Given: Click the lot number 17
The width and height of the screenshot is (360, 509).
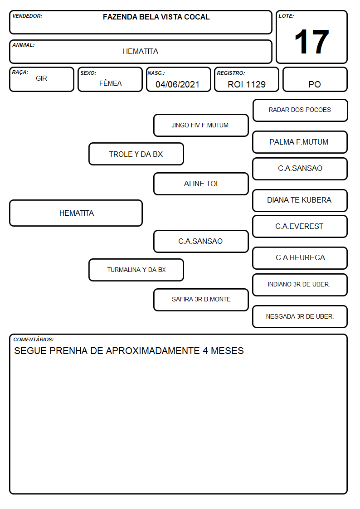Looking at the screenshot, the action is coord(311,42).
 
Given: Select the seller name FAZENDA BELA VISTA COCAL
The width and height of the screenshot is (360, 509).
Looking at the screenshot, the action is coord(156,17).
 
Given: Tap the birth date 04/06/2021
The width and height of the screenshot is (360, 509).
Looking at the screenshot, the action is coord(177,84).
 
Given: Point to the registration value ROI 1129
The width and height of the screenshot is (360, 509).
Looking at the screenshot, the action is coord(246,84).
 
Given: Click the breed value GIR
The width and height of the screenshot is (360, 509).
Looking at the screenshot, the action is coord(42,78).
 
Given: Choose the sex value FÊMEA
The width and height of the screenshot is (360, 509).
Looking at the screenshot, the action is coord(110,83).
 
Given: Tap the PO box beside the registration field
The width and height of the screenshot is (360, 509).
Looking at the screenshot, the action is coord(315,79).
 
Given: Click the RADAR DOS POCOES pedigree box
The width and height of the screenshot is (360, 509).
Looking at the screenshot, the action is coord(300,111).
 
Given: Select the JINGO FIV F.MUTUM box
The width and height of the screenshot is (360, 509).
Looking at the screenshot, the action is coord(201,125).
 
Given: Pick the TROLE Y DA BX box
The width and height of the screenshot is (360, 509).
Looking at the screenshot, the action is coord(136,154).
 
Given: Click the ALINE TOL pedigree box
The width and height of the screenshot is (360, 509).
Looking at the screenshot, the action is coord(201,184).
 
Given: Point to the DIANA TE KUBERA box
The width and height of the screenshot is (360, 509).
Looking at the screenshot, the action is coord(300,200).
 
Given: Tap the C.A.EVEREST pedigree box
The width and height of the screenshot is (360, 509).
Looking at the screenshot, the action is coord(300,226).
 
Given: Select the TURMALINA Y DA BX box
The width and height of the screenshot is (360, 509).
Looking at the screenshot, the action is coord(136,270).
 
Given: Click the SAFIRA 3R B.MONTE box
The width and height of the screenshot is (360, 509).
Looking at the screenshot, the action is coord(201,300).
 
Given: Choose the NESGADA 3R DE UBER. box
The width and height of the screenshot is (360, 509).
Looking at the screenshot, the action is coord(300,316).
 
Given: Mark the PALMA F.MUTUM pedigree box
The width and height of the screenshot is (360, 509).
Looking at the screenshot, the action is coord(300,142).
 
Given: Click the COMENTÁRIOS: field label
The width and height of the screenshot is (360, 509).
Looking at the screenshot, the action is coord(34,339).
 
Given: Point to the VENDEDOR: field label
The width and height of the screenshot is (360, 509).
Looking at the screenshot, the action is coord(27,16).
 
